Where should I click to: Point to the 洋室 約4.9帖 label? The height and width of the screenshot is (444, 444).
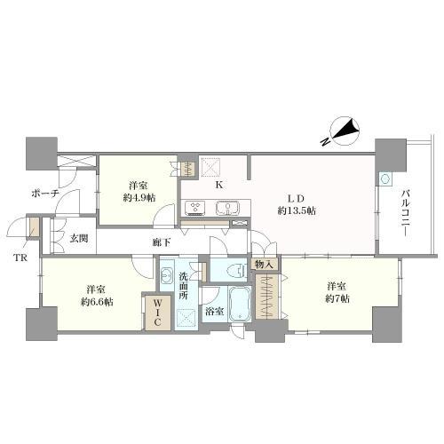(x=137, y=191)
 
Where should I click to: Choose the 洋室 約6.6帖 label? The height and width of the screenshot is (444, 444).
(x=98, y=296)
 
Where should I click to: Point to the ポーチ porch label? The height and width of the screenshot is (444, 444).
(x=44, y=193)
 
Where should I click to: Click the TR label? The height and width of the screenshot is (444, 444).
(x=20, y=259)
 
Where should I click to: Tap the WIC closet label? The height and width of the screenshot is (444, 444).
(x=151, y=312)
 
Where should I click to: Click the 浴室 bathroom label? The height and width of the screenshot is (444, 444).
(x=213, y=312)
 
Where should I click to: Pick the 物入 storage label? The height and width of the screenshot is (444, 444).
(x=265, y=264)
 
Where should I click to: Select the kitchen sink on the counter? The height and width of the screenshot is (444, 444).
(x=226, y=209)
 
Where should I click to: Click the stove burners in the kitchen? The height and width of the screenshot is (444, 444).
(x=194, y=209)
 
